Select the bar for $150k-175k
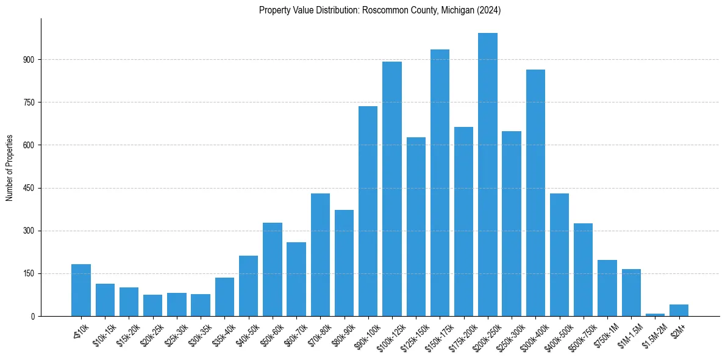pos(440,183)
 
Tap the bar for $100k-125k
pos(392,189)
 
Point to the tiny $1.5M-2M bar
pos(655,314)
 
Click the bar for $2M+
pos(679,310)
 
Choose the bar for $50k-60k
pos(273,269)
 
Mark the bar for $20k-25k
pos(153,305)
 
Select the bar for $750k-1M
pos(607,288)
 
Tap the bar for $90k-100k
pos(368,211)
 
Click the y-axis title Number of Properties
pos(9,168)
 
